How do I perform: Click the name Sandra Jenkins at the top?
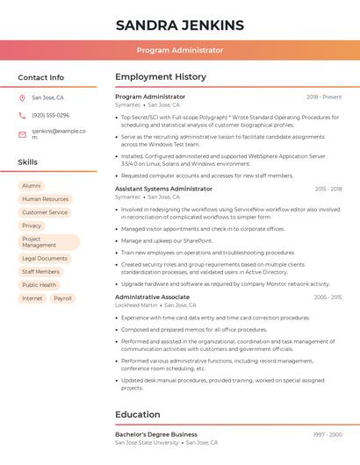pos(179,25)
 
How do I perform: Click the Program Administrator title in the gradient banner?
pos(179,51)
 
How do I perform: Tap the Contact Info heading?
pos(41,77)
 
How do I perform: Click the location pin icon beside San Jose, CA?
pos(22,98)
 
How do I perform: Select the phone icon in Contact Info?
pos(22,116)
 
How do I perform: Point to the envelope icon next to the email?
pos(22,134)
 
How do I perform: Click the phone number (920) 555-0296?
pos(50,116)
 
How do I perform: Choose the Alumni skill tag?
pos(32,186)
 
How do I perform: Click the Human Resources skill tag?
pos(45,199)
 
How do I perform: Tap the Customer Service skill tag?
pos(45,212)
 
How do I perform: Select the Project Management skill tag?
pos(48,242)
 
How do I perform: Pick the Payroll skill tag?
pos(62,298)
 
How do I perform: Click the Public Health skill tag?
pos(40,285)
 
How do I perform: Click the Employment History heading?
pos(161,77)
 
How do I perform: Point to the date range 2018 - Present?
pos(324,97)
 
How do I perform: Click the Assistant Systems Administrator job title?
pos(163,189)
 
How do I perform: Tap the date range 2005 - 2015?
pos(328,297)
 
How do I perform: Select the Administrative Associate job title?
pos(152,297)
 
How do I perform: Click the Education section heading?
pos(138,415)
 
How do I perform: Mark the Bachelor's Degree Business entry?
pos(156,434)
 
